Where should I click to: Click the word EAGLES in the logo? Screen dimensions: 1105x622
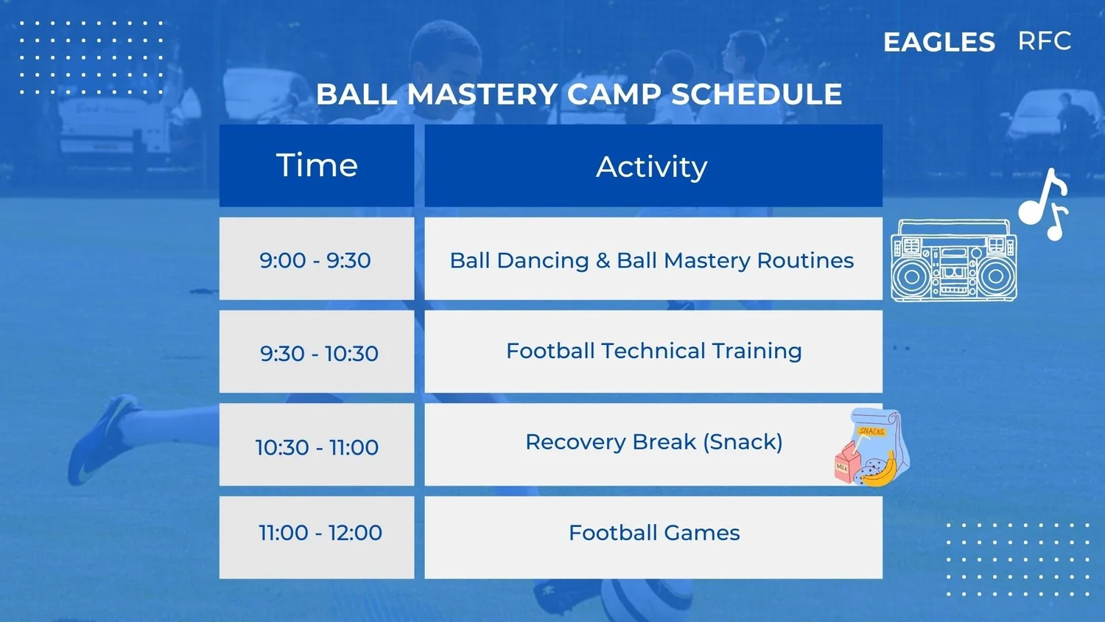coord(939,42)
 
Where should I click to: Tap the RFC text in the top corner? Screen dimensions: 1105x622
coord(1045,41)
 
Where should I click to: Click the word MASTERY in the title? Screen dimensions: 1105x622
coord(483,94)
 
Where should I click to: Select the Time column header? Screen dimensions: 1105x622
coord(317,165)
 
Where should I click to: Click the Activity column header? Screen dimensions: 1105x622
coord(653,165)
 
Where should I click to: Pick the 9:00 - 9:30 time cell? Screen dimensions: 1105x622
coord(317,259)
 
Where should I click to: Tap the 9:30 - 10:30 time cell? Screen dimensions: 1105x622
coord(317,352)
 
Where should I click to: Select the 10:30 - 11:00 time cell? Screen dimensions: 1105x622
coord(317,445)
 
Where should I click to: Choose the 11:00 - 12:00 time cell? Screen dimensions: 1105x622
coord(317,537)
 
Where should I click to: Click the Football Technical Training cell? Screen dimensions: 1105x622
coord(653,352)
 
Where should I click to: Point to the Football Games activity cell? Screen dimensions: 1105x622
coord(653,537)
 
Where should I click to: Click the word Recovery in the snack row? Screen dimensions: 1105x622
coord(575,442)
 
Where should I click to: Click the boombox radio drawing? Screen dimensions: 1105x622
coord(953,260)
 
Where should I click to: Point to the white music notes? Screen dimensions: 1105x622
coord(1044,204)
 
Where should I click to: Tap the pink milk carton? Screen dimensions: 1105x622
coord(846,463)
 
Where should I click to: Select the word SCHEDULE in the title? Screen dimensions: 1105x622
coord(757,94)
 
